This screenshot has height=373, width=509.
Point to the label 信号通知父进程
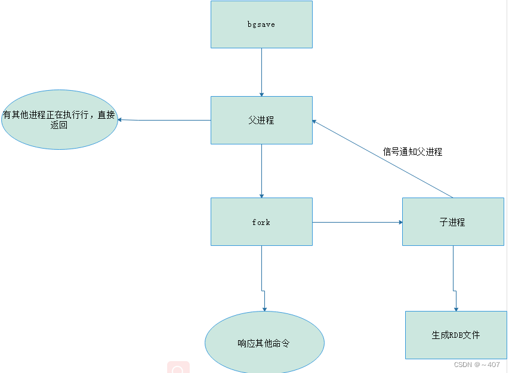[412, 152]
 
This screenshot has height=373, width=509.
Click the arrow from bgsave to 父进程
[261, 72]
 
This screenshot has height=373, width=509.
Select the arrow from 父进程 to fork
[261, 171]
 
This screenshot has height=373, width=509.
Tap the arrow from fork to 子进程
[357, 222]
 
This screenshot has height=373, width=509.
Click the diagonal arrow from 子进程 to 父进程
[382, 159]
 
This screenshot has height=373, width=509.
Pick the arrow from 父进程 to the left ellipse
[164, 120]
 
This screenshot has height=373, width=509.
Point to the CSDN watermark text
[476, 365]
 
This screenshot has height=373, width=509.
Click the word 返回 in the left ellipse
[59, 125]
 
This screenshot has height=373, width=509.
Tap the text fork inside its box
[261, 222]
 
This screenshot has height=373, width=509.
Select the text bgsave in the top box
[261, 24]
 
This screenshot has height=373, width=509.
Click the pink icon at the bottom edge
[178, 368]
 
